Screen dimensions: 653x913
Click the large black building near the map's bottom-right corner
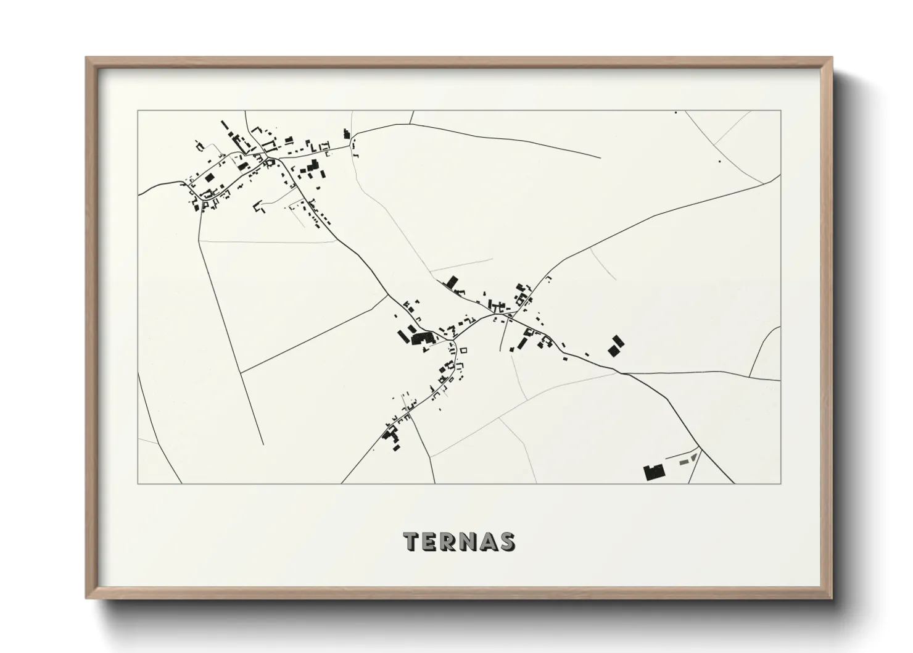(x=653, y=473)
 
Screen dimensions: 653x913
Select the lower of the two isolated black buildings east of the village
(x=613, y=351)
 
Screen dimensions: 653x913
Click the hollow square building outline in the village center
(x=465, y=351)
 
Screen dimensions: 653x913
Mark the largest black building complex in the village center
(x=422, y=338)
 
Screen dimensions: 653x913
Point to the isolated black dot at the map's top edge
(x=675, y=112)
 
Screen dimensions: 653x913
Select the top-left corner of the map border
(x=138, y=111)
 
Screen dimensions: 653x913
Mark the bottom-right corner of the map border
(x=780, y=483)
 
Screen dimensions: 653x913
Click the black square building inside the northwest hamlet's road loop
(x=209, y=178)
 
